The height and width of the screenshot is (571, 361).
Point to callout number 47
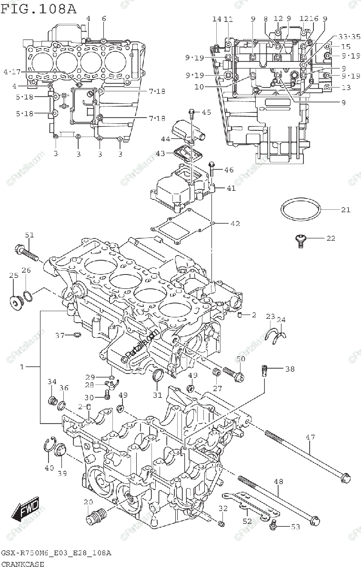(311, 437)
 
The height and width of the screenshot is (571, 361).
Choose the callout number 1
(22, 367)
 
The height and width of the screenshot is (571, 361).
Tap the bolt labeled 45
(192, 113)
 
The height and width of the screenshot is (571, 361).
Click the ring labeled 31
(158, 376)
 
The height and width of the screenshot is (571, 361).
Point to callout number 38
(290, 369)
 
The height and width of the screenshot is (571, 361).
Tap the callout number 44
(165, 139)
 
